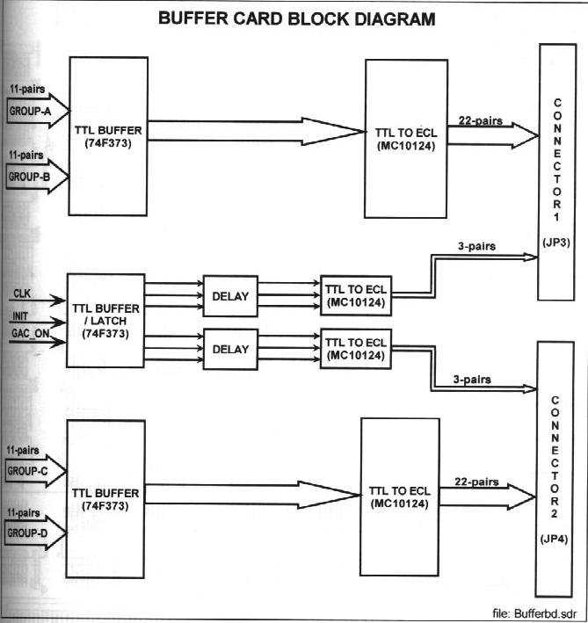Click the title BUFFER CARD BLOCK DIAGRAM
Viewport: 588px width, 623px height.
pos(295,18)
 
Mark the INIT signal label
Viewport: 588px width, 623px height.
pos(21,315)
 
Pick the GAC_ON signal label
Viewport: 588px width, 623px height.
pos(29,335)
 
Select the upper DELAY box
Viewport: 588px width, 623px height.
pos(231,297)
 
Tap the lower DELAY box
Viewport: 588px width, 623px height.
pos(231,348)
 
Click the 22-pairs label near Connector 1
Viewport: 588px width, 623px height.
pos(479,120)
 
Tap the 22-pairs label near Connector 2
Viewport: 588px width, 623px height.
pos(477,482)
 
